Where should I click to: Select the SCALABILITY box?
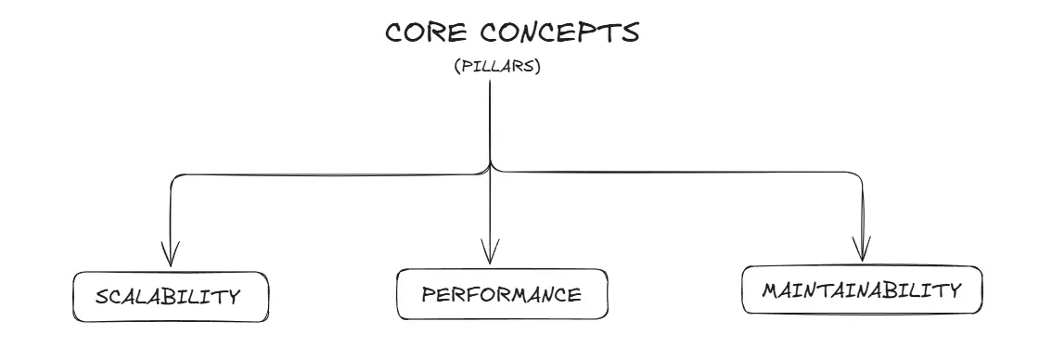171,297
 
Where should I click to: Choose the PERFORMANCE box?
503,295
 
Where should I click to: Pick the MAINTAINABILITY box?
861,290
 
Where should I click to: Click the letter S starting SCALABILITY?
101,298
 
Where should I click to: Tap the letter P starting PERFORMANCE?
428,295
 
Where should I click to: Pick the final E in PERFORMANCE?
574,295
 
